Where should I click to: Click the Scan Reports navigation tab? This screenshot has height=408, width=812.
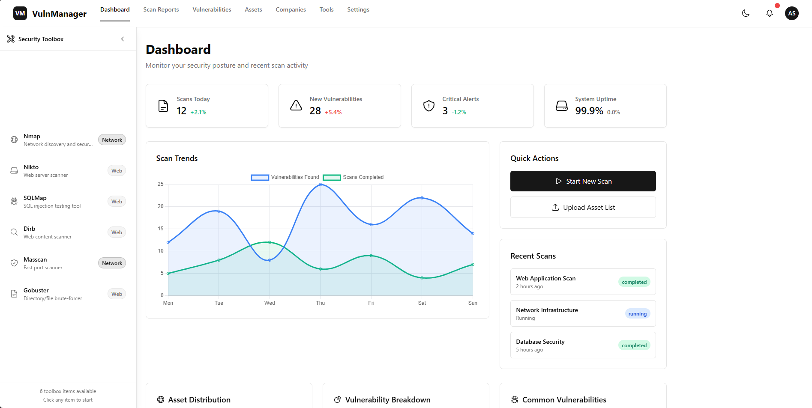pyautogui.click(x=161, y=9)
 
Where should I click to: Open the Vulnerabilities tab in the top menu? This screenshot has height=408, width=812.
pyautogui.click(x=212, y=9)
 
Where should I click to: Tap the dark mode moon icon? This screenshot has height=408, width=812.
pyautogui.click(x=746, y=13)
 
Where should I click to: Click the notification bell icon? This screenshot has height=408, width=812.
pyautogui.click(x=770, y=13)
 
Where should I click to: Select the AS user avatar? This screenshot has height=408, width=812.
pyautogui.click(x=792, y=13)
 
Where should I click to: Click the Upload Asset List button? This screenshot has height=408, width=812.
pyautogui.click(x=583, y=207)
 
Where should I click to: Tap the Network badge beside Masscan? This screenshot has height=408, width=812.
pyautogui.click(x=112, y=263)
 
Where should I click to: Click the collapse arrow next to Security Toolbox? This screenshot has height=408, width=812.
pyautogui.click(x=123, y=39)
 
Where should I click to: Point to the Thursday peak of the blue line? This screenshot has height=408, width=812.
pyautogui.click(x=321, y=185)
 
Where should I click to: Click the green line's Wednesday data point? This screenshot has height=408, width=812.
pyautogui.click(x=270, y=242)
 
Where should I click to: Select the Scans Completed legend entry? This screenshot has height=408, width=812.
pyautogui.click(x=354, y=177)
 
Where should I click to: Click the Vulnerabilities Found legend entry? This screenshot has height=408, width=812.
pyautogui.click(x=285, y=177)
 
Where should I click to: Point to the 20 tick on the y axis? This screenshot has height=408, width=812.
pyautogui.click(x=161, y=206)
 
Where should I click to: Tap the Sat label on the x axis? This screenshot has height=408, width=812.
pyautogui.click(x=422, y=303)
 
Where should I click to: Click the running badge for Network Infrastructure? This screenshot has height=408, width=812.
pyautogui.click(x=637, y=314)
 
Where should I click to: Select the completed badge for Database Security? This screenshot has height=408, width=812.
pyautogui.click(x=634, y=345)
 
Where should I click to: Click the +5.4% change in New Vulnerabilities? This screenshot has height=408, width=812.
pyautogui.click(x=333, y=112)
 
